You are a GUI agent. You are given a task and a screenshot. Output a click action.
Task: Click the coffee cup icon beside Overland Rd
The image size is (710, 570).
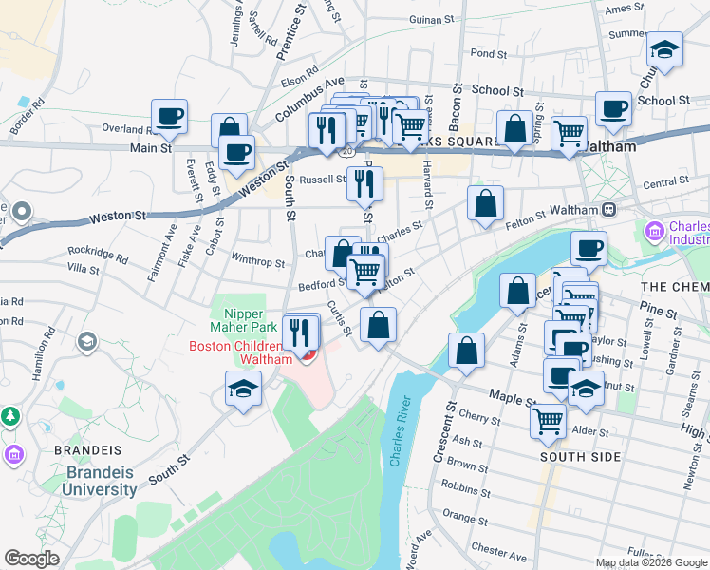tap(169, 117)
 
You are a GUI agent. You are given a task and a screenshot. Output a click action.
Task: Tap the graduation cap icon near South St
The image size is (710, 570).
tap(244, 389)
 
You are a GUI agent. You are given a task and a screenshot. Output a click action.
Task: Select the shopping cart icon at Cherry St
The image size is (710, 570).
tap(549, 419)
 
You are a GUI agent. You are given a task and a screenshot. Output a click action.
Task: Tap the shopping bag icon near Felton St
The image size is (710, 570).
tap(485, 202)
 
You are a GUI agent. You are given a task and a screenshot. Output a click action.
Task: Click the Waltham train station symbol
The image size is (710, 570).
tap(608, 209)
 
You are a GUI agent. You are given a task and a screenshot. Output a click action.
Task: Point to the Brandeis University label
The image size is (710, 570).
tap(101, 481)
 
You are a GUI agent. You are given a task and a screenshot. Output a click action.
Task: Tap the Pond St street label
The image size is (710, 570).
tap(483, 54)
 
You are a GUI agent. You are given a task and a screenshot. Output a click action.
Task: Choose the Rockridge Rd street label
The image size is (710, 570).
tap(98, 255)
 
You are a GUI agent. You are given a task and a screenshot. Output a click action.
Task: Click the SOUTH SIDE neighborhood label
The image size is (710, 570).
tap(580, 457)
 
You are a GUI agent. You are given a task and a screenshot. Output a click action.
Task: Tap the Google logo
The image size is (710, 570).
tap(31, 559)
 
